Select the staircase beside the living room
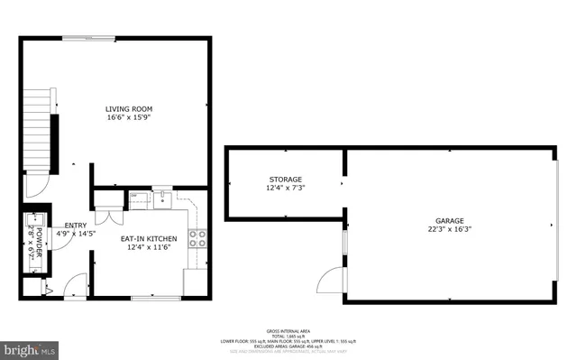(x=35, y=126)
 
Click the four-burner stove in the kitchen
(x=197, y=238)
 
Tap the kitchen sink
(x=163, y=198)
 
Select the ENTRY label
(x=76, y=226)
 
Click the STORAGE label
(x=284, y=180)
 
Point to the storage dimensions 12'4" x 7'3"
(x=284, y=189)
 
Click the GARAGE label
(x=449, y=221)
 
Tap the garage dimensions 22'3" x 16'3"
(x=449, y=230)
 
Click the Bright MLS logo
(x=30, y=347)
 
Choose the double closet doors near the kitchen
(x=108, y=217)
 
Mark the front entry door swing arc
(x=35, y=184)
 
